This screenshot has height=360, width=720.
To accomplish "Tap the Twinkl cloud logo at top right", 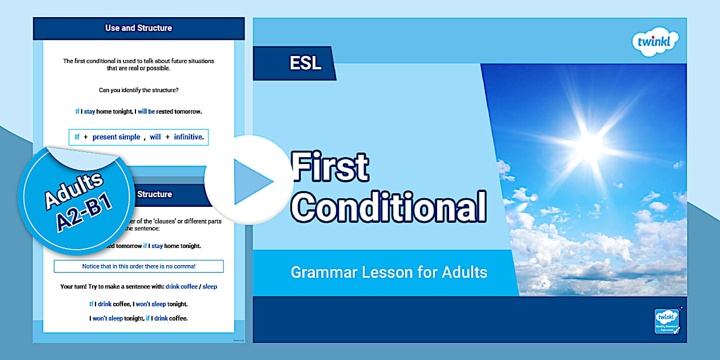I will (x=655, y=43).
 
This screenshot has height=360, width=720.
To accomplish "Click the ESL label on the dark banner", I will (x=305, y=63).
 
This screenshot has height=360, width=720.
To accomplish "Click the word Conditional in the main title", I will (x=389, y=206).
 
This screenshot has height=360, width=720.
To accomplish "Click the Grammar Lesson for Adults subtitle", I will (x=389, y=272).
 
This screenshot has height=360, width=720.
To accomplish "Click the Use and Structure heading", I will (x=138, y=27).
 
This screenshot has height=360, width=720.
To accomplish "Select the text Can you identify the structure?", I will (x=138, y=90).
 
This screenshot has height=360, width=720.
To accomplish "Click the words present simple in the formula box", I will (x=116, y=137).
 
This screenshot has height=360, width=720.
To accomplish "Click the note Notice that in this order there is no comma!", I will (x=138, y=266).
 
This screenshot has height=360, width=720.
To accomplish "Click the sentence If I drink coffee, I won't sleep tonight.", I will (x=138, y=304).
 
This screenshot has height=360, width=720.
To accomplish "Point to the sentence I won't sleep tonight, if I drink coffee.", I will (x=138, y=318).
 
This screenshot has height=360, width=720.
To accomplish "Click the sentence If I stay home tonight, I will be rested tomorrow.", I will (x=138, y=111).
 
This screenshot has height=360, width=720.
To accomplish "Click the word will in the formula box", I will (x=155, y=137).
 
